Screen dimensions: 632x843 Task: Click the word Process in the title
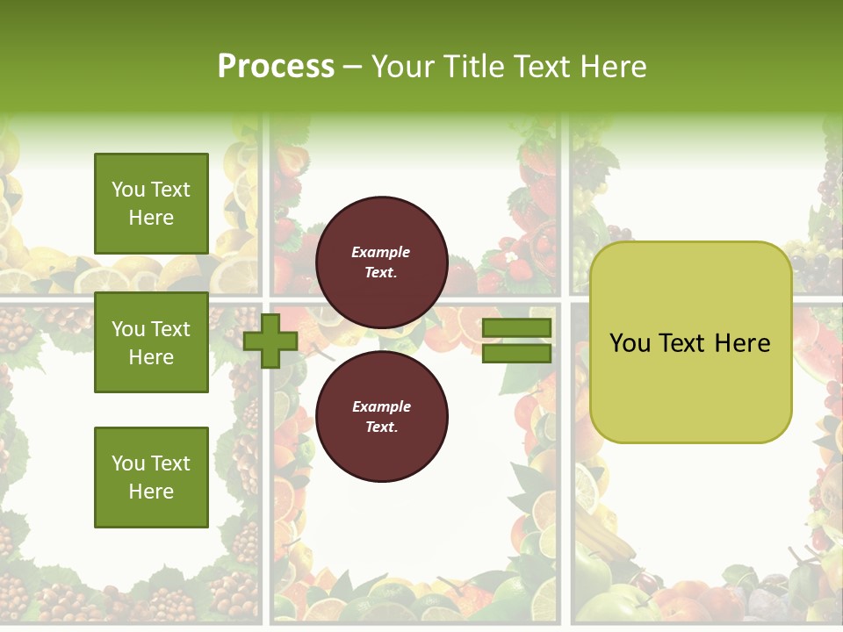pyautogui.click(x=276, y=66)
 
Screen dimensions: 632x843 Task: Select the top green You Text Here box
pyautogui.click(x=151, y=204)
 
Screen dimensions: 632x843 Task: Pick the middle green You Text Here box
pyautogui.click(x=151, y=342)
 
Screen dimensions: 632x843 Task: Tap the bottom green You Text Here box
pyautogui.click(x=151, y=477)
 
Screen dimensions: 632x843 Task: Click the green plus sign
pyautogui.click(x=270, y=341)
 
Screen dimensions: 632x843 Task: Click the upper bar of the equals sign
pyautogui.click(x=516, y=327)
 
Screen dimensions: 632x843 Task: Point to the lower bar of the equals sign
pyautogui.click(x=516, y=353)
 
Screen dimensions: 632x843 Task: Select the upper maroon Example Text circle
pyautogui.click(x=381, y=262)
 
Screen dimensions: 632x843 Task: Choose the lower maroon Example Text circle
pyautogui.click(x=381, y=417)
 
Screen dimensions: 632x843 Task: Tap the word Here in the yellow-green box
pyautogui.click(x=742, y=342)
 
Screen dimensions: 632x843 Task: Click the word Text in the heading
pyautogui.click(x=545, y=66)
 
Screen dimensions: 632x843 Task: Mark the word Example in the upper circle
pyautogui.click(x=381, y=252)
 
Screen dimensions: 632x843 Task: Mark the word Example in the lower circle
pyautogui.click(x=381, y=406)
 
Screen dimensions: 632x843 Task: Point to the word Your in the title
pyautogui.click(x=401, y=66)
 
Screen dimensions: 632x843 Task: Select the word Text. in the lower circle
pyautogui.click(x=381, y=427)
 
